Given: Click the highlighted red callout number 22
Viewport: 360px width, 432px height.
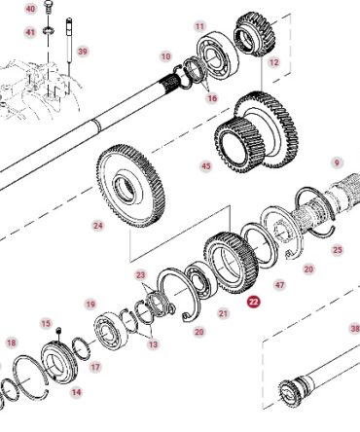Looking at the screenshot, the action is coord(253,302).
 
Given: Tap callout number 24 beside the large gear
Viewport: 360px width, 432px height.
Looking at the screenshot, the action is coord(98,225).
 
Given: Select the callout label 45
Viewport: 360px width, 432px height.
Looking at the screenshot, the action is coord(206,166).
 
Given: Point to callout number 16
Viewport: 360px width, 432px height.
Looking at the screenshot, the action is coord(212,98).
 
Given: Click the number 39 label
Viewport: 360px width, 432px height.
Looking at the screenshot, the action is coord(83,52).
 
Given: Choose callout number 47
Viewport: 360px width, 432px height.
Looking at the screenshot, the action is coord(279,285).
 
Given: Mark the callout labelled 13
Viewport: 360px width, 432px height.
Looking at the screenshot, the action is coord(153,344).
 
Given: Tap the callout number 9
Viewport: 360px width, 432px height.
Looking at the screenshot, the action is coord(337,162).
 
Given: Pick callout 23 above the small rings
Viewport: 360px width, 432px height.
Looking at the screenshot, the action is coord(141,275).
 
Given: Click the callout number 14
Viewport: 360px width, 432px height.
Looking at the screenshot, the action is coord(77,392).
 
